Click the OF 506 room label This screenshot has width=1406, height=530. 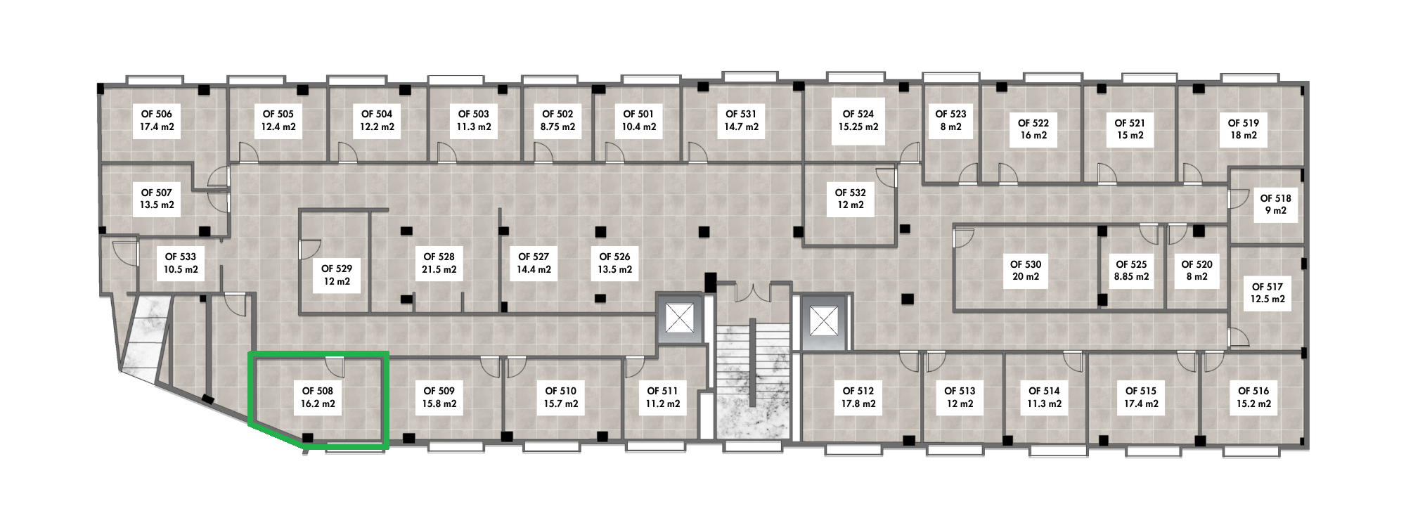(x=157, y=121)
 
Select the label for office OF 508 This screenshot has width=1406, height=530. (x=318, y=398)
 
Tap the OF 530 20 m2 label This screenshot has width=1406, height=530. (x=1026, y=271)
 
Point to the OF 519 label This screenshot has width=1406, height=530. (x=1243, y=129)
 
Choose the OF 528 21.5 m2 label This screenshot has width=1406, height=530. (x=439, y=263)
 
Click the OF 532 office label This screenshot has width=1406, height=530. (x=850, y=198)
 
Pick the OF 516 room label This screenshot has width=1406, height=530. (x=1253, y=397)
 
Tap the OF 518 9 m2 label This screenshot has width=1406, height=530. (x=1275, y=205)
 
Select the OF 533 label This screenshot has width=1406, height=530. (x=181, y=263)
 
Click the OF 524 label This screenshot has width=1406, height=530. (x=858, y=120)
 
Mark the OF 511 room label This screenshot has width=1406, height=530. (x=663, y=397)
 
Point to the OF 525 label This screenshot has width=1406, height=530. (x=1131, y=271)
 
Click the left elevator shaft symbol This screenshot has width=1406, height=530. (x=679, y=320)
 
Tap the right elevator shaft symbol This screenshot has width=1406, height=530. (x=820, y=320)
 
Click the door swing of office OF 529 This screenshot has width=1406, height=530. (x=310, y=248)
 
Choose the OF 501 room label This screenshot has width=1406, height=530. (x=638, y=121)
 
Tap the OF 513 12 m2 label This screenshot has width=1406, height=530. (x=960, y=397)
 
